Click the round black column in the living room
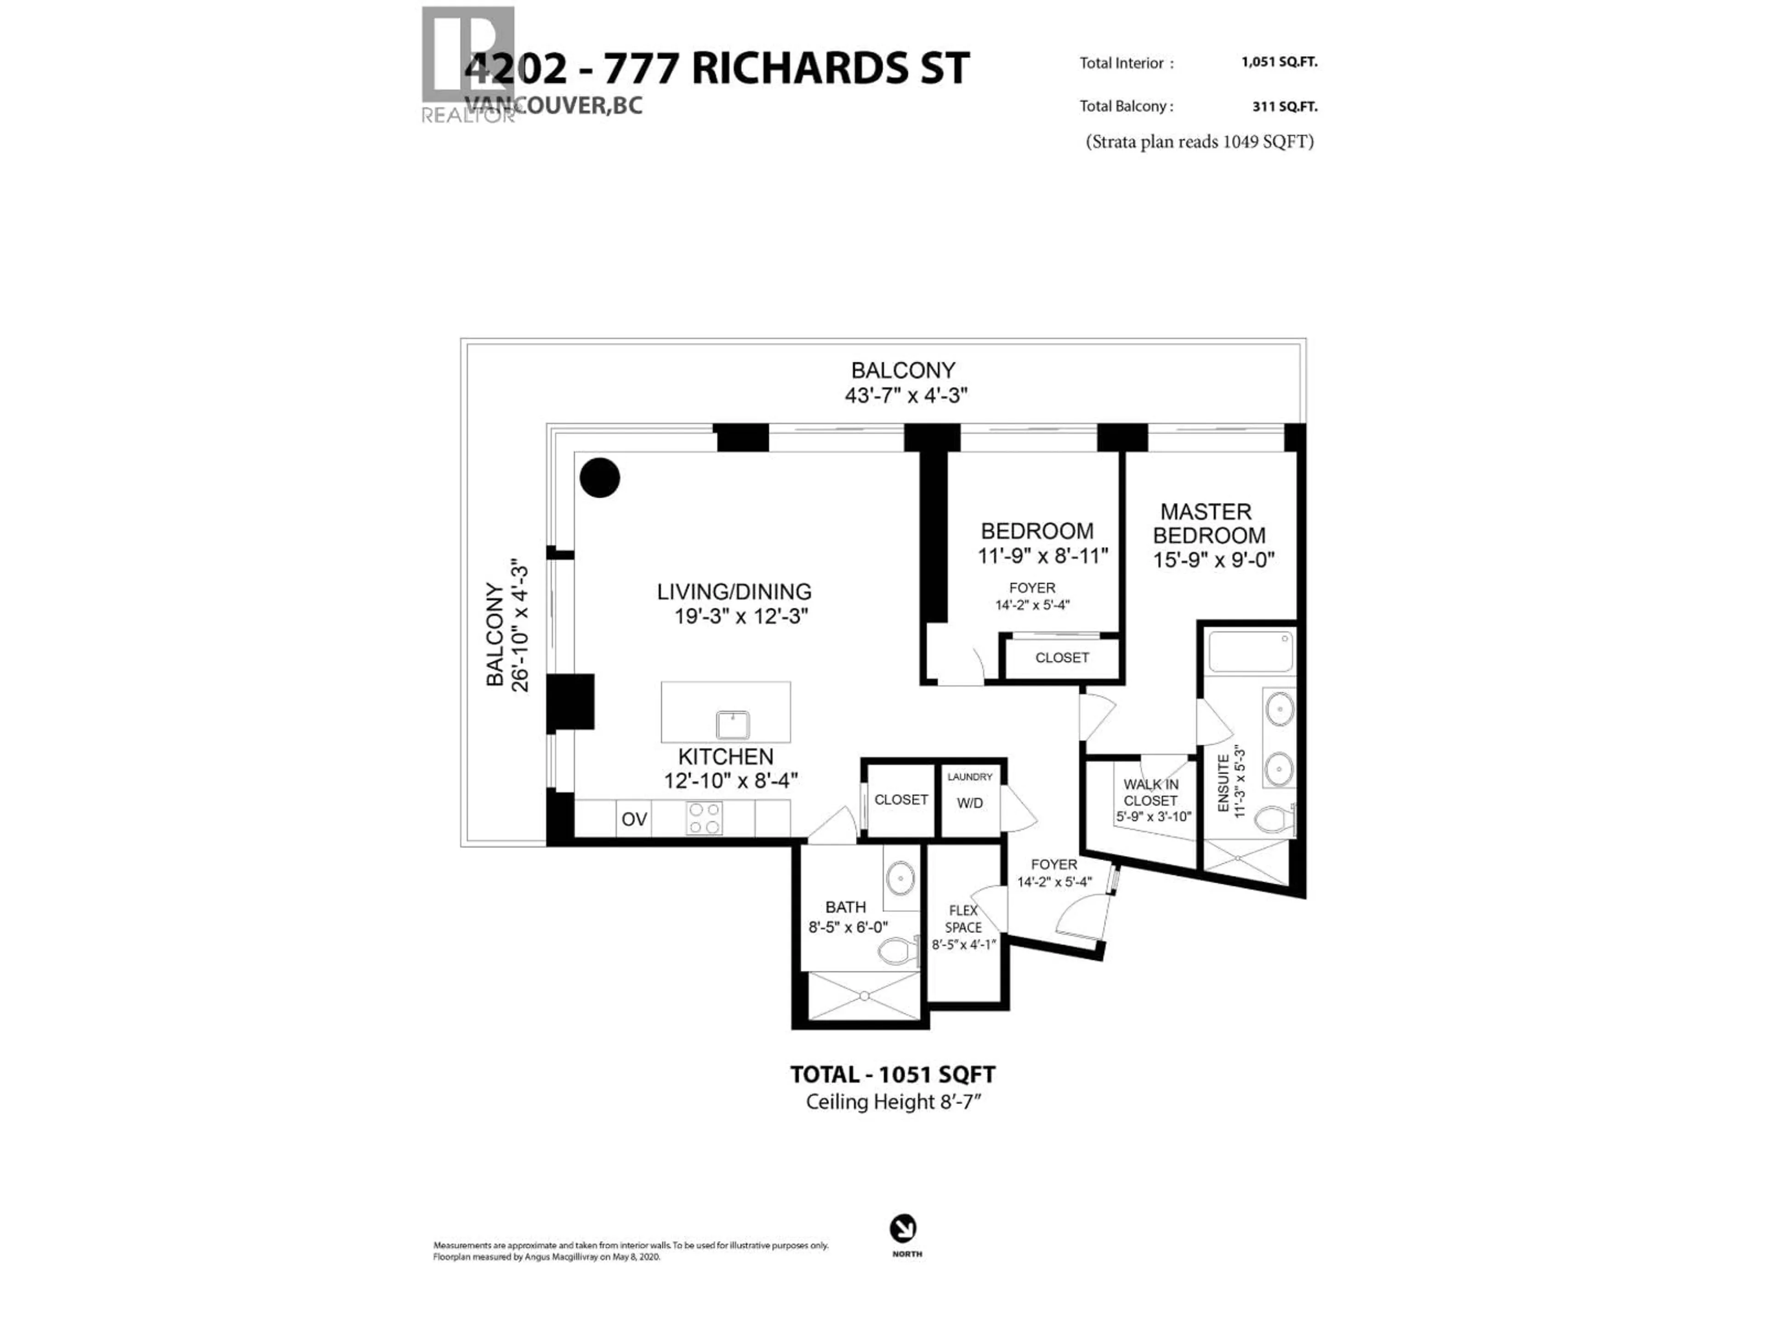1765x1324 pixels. coord(599,478)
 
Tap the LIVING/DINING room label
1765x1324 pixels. coord(734,591)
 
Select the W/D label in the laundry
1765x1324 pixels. coord(969,803)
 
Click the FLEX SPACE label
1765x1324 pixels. coord(963,919)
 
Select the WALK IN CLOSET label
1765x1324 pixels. coord(1150,793)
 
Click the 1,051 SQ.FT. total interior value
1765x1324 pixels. coord(1279,62)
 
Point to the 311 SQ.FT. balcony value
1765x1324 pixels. coord(1285,106)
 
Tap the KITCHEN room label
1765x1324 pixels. coord(725,757)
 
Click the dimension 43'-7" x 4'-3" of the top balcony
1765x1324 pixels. coord(905,395)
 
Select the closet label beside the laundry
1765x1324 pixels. coord(901,799)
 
